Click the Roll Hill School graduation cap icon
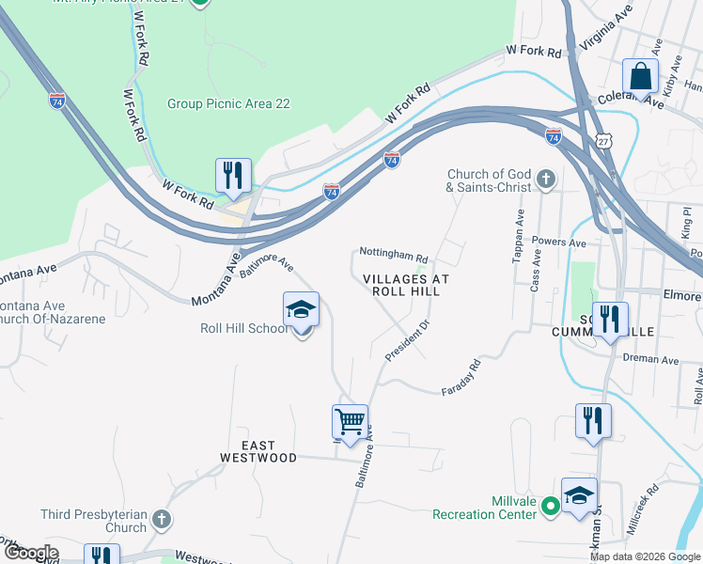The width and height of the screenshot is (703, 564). pyautogui.click(x=302, y=309)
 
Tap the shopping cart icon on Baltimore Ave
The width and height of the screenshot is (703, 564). pyautogui.click(x=350, y=422)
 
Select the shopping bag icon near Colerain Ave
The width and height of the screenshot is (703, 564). pyautogui.click(x=640, y=76)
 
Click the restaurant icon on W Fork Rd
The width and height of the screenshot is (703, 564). pyautogui.click(x=232, y=176)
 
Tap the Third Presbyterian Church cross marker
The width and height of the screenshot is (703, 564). pyautogui.click(x=162, y=519)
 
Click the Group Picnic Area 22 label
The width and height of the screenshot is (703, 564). pyautogui.click(x=228, y=103)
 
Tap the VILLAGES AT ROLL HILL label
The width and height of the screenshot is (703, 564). pyautogui.click(x=407, y=285)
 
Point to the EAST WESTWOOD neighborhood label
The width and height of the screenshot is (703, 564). pyautogui.click(x=258, y=451)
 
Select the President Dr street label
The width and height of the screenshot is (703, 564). pyautogui.click(x=407, y=340)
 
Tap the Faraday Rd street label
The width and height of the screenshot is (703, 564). pyautogui.click(x=461, y=378)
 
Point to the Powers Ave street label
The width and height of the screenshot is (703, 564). pyautogui.click(x=563, y=243)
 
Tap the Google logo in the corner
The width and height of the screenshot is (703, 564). pyautogui.click(x=31, y=553)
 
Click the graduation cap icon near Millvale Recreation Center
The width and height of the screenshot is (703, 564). pyautogui.click(x=579, y=495)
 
